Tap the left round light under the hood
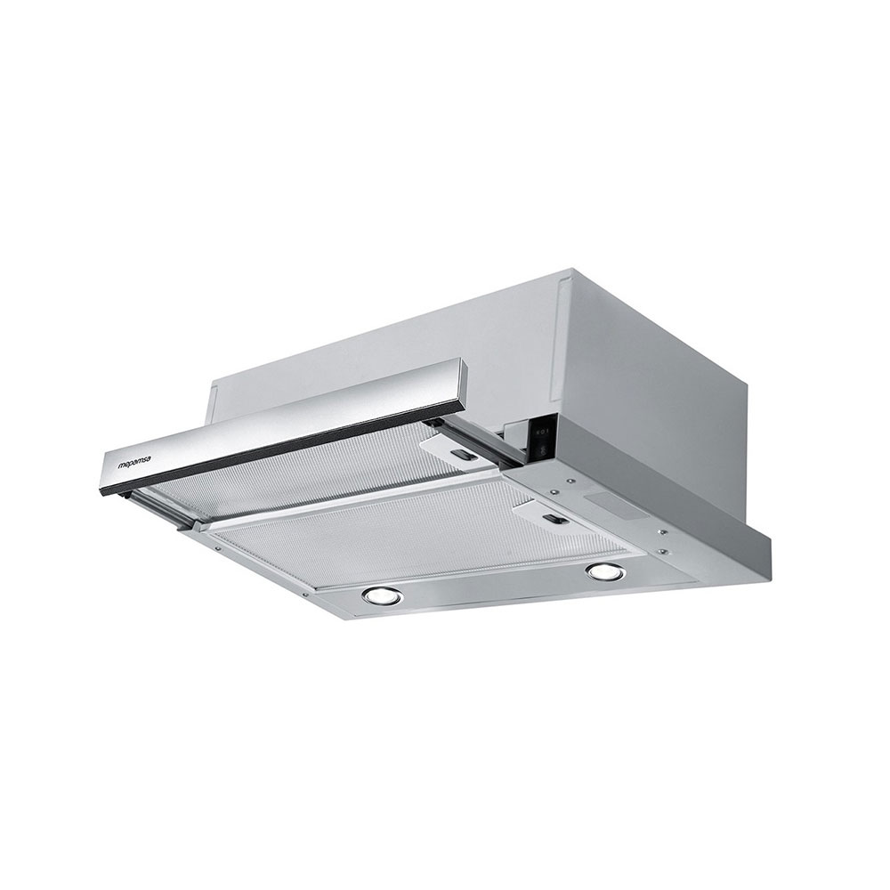point(382,595)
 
